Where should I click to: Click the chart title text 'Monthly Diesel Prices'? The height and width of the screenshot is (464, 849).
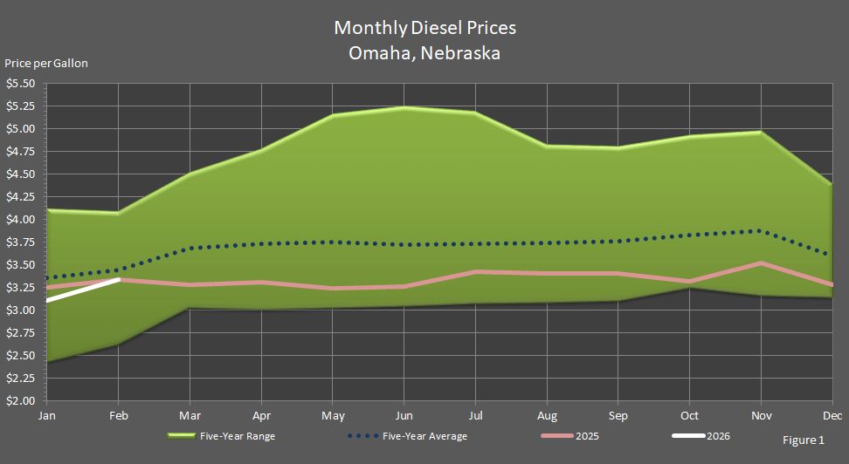coord(424,28)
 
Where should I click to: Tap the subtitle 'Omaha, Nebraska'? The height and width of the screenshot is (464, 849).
coord(424,52)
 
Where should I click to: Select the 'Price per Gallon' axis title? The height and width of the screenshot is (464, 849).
coord(46,63)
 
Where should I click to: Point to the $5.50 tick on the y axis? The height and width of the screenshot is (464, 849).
coord(20,84)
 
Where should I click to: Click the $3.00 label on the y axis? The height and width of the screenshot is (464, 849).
coord(20,310)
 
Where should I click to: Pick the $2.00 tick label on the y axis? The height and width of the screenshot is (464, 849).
coord(20,401)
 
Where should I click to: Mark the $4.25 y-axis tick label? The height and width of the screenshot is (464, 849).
coord(20,197)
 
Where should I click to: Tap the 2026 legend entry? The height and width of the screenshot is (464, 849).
coord(716,436)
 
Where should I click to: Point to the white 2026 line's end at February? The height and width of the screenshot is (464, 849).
coord(118,280)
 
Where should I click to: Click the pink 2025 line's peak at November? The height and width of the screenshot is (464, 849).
coord(761,263)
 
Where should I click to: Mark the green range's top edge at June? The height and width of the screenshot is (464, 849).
coord(404,108)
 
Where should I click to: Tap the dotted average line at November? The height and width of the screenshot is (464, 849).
coord(761,231)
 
